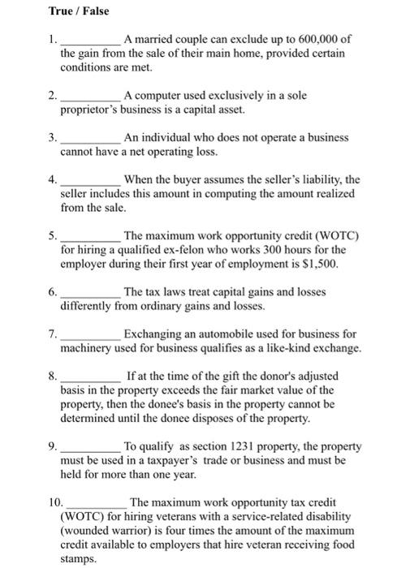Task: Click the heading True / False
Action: [79, 11]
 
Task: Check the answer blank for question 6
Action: [91, 292]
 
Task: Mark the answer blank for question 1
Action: [91, 38]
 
